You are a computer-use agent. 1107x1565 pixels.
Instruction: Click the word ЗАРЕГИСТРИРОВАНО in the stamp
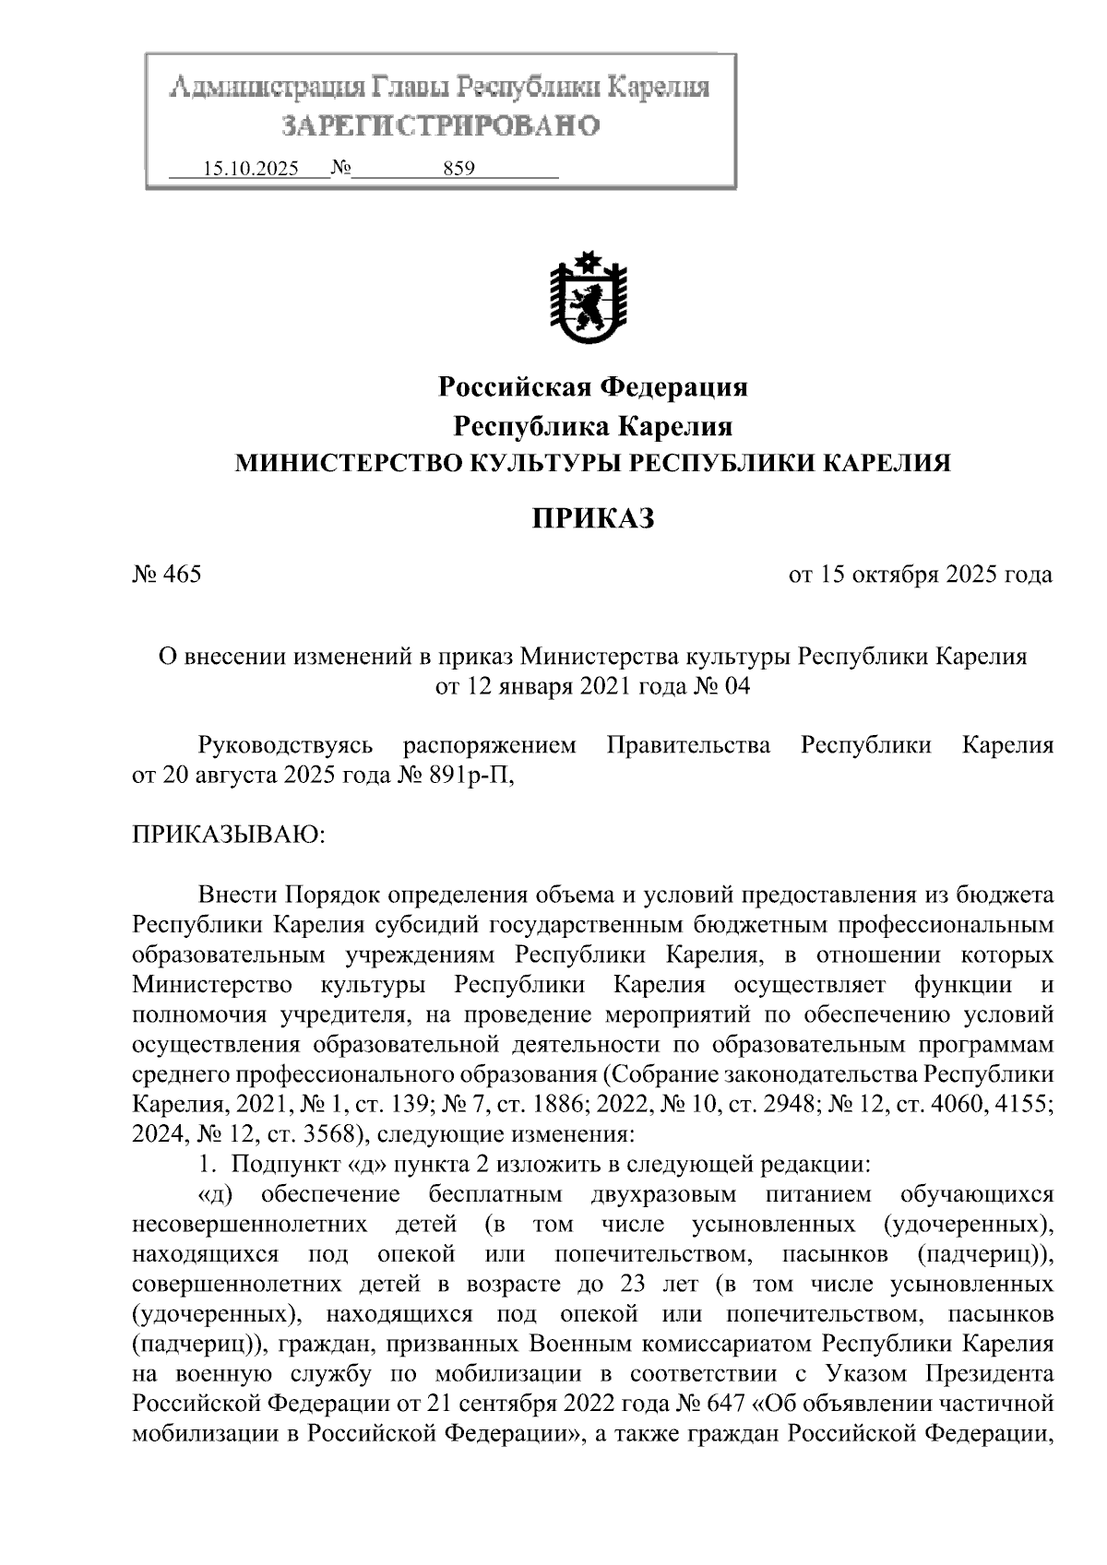pos(440,125)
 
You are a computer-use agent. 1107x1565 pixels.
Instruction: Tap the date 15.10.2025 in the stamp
pos(251,169)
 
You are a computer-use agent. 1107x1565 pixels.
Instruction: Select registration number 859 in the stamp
pos(458,169)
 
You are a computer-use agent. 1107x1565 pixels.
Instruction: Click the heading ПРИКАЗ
pos(592,519)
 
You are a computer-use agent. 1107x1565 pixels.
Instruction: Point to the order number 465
pos(182,575)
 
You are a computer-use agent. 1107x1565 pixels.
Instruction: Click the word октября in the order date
pos(891,575)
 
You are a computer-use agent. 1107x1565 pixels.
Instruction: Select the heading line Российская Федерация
pos(592,387)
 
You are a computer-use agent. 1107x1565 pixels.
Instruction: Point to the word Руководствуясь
pos(285,745)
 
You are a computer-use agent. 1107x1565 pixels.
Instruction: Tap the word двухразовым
pos(662,1195)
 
